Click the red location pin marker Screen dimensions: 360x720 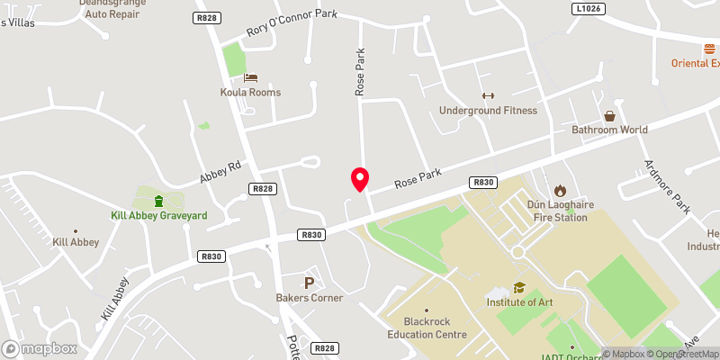tap(359, 179)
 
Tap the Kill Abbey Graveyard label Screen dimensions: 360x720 tap(159, 216)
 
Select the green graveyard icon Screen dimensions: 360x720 tap(159, 200)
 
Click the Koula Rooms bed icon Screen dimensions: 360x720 tap(250, 77)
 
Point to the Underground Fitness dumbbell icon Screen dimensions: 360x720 tap(488, 95)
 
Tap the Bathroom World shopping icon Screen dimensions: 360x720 tap(610, 115)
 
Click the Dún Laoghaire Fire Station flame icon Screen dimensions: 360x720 tap(560, 190)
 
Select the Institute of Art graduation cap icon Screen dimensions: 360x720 tap(518, 287)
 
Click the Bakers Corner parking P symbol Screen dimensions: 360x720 tap(309, 283)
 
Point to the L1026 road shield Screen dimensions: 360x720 tap(586, 8)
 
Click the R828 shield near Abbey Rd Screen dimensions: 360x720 tap(263, 188)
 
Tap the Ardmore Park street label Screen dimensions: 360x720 tap(667, 186)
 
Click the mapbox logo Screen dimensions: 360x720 tap(37, 348)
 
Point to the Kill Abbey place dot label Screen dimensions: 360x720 tap(76, 242)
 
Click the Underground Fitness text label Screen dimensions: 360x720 tap(488, 111)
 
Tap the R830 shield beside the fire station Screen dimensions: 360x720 tap(483, 183)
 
